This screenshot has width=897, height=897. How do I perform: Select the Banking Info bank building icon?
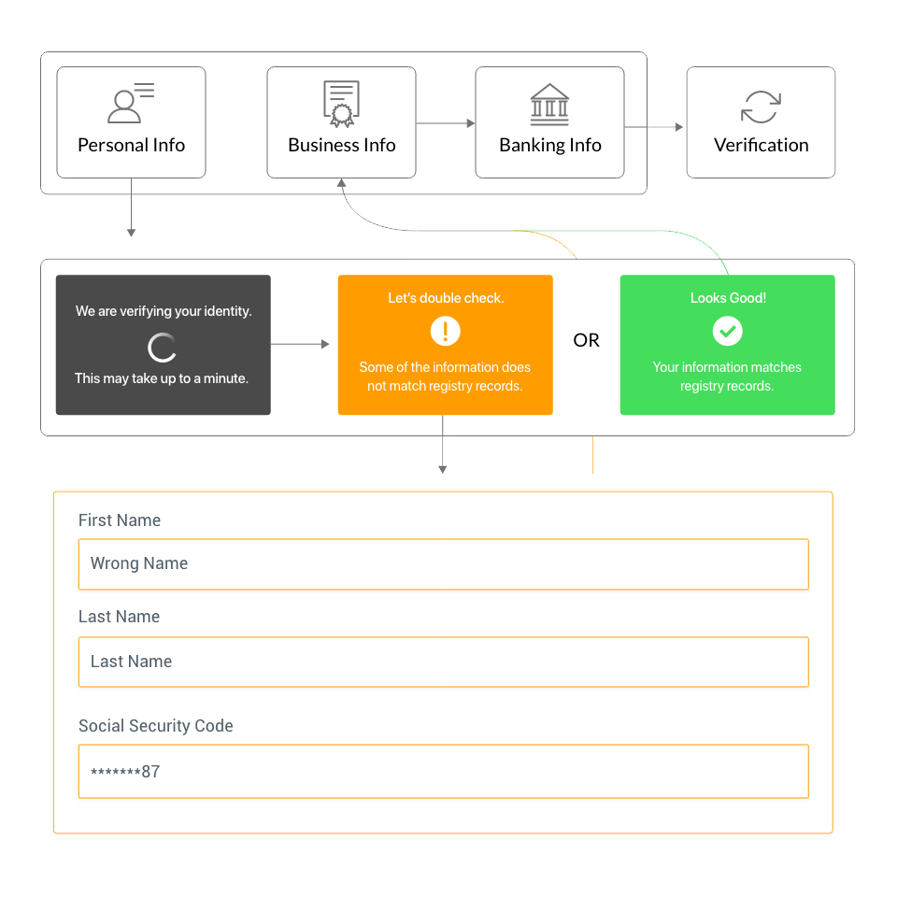pos(549,105)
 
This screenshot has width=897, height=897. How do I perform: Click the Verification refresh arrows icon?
pos(761,107)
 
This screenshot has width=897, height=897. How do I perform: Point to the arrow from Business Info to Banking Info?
pos(446,123)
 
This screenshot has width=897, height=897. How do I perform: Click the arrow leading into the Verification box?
pos(654,127)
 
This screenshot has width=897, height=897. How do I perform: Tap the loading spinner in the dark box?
pos(163,348)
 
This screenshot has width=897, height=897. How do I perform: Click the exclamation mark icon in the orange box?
pos(446,331)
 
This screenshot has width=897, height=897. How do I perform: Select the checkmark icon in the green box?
pos(727,330)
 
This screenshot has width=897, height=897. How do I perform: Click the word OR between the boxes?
pos(586,340)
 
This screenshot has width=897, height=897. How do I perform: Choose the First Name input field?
pos(443,564)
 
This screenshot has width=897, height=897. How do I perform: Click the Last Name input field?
pos(443,662)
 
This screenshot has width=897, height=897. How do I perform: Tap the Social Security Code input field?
pos(443,772)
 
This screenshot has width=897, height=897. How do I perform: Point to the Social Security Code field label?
pos(155,726)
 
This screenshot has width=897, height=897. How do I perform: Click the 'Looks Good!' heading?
pos(728,298)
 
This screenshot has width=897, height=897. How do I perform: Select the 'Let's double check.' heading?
pos(446,298)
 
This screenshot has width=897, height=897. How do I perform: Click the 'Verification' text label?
pos(761,145)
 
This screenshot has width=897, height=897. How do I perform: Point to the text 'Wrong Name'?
pos(139,563)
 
